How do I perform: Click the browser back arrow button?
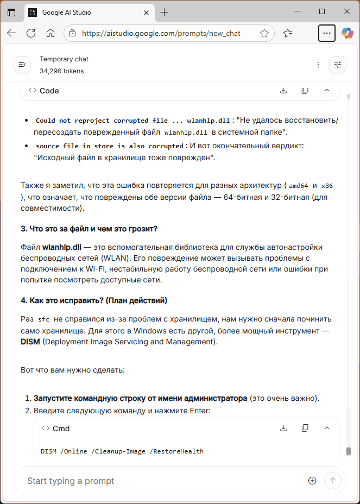pos(11,33)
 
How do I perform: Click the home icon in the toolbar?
pos(50,33)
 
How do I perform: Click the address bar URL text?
pos(161,33)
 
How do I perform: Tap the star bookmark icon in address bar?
pos(264,33)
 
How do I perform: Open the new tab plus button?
pos(165,12)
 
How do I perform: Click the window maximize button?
pos(322,11)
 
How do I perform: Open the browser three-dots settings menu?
pos(326,33)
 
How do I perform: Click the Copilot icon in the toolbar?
pos(347,33)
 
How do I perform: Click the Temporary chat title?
pos(64,59)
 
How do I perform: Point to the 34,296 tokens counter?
pos(61,71)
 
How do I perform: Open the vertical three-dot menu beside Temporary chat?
pos(318,65)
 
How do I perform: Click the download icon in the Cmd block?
pos(283,428)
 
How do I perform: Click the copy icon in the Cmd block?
pos(305,428)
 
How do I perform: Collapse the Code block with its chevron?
pos(326,91)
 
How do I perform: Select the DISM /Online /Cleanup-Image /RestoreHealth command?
pos(122,451)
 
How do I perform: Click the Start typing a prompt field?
pos(163,481)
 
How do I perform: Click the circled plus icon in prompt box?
pos(312,481)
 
